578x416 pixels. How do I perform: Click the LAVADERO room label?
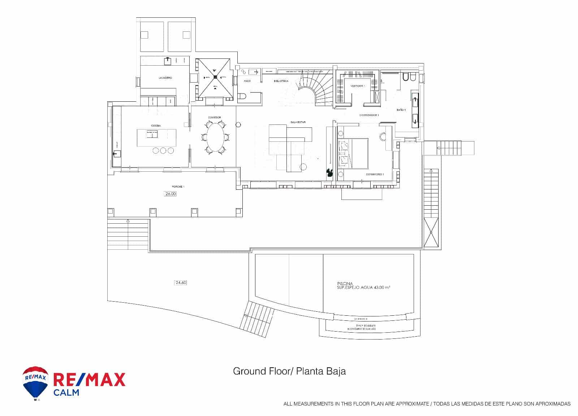pyautogui.click(x=165, y=78)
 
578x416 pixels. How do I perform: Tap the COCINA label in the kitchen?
pyautogui.click(x=156, y=126)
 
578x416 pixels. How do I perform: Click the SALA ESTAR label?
pyautogui.click(x=298, y=122)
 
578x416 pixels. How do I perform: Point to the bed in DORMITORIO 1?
pyautogui.click(x=353, y=153)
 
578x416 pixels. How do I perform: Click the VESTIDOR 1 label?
pyautogui.click(x=358, y=86)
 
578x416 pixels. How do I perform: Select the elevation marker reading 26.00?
pyautogui.click(x=171, y=194)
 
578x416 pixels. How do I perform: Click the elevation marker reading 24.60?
pyautogui.click(x=180, y=283)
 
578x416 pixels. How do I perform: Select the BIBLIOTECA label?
pyautogui.click(x=281, y=81)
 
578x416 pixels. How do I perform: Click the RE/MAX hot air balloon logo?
pyautogui.click(x=35, y=383)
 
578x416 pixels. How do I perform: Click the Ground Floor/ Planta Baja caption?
pyautogui.click(x=289, y=371)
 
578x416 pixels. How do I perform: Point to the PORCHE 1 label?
pyautogui.click(x=178, y=187)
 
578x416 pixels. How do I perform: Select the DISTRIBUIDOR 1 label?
pyautogui.click(x=368, y=115)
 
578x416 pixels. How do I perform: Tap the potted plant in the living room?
pyautogui.click(x=329, y=173)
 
